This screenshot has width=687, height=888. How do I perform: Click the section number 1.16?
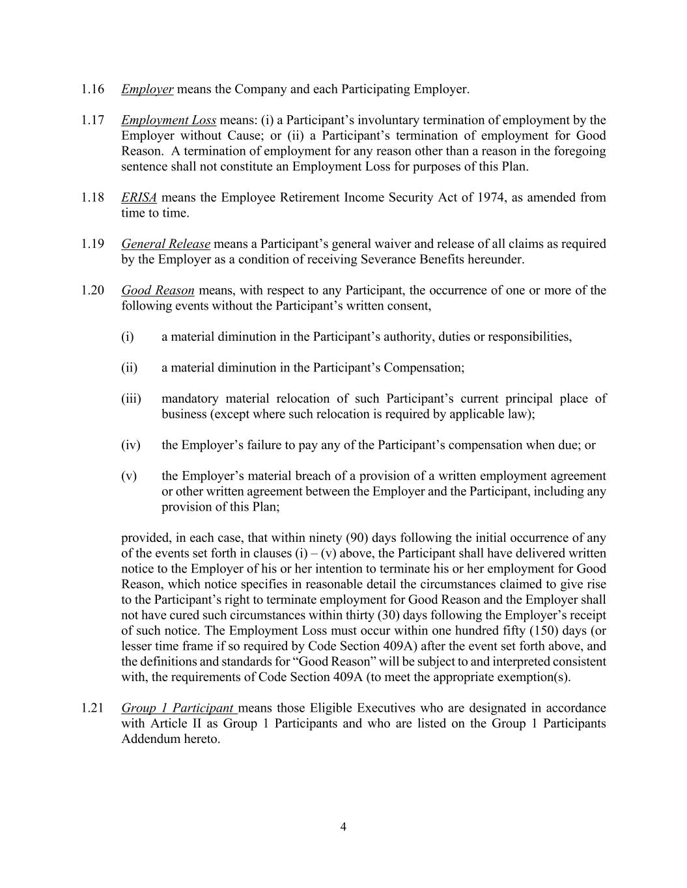coord(93,89)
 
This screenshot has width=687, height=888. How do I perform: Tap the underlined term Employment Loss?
coord(169,120)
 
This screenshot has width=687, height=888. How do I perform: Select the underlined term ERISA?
coord(139,198)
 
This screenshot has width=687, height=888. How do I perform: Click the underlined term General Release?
coord(165,245)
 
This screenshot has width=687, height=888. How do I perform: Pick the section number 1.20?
coord(93,291)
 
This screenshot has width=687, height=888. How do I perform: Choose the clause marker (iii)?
coord(131,399)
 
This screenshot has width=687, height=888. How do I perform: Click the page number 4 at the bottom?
coord(343,827)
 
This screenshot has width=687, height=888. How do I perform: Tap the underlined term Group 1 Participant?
coord(177,708)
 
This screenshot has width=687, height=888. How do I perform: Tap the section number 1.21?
coord(93,708)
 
